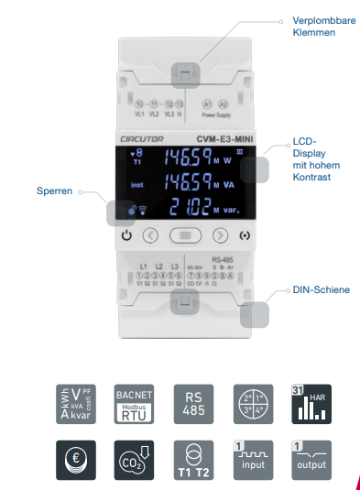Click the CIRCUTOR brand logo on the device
[x=137, y=137]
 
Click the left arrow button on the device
[x=152, y=234]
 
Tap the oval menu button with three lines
[x=185, y=234]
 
